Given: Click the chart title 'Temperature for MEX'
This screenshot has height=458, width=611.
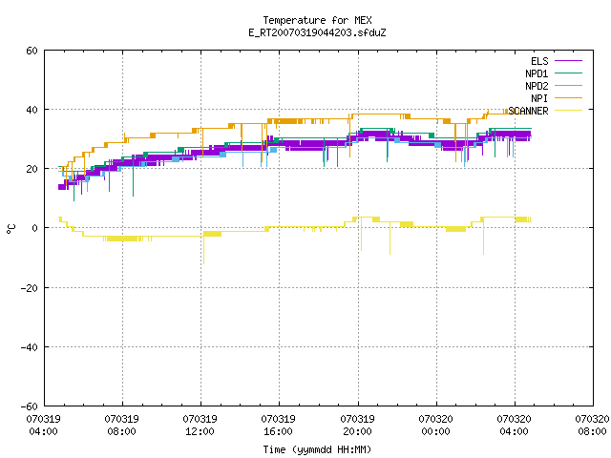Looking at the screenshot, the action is [x=317, y=20].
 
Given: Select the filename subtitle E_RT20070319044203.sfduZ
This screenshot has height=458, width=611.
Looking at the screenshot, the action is [x=317, y=32].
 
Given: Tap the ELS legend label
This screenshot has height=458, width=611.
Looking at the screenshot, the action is [x=539, y=61].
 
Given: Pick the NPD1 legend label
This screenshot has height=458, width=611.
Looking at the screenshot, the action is [x=537, y=73].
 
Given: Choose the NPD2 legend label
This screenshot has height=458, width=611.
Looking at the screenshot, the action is [x=537, y=86].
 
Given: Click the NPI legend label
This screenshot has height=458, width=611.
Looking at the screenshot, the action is [x=539, y=98].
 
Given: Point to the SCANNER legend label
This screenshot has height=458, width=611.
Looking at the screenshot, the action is [x=528, y=111].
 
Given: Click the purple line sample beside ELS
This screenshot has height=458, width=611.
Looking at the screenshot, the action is [x=568, y=61].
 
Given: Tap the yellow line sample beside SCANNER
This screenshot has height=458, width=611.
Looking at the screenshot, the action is [x=568, y=111].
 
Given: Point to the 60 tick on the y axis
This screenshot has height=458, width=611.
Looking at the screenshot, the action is [x=32, y=51].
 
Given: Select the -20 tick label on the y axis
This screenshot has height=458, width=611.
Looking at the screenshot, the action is [x=30, y=288].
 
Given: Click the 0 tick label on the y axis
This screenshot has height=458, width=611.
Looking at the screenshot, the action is [x=35, y=228].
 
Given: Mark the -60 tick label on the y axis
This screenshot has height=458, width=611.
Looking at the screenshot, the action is [x=30, y=406].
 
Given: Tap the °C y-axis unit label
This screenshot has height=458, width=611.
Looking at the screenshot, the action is [x=11, y=229].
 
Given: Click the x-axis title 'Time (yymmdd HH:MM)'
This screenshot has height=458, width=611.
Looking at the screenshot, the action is [x=317, y=449].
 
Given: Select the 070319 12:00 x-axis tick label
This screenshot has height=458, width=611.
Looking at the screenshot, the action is [x=200, y=426].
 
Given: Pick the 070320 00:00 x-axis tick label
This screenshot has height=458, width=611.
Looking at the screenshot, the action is [x=435, y=426].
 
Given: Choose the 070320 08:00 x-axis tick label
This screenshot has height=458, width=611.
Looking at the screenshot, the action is [x=592, y=426].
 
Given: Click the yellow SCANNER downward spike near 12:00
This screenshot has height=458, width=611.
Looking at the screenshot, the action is [x=203, y=249].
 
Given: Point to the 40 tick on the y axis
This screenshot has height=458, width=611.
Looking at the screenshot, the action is [x=32, y=110].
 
